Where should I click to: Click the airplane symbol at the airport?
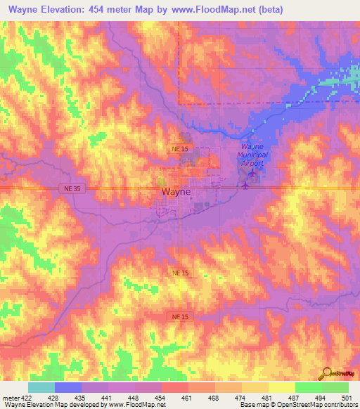click(245, 186)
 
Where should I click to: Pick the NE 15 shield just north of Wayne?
click(181, 150)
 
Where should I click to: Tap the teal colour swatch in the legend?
click(41, 387)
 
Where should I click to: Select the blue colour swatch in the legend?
click(68, 387)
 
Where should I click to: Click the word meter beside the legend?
click(8, 397)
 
